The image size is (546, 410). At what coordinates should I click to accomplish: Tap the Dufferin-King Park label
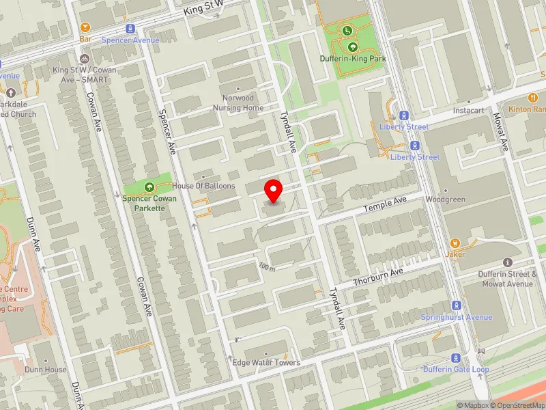pos(353,59)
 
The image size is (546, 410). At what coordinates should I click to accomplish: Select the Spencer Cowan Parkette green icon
pos(149,187)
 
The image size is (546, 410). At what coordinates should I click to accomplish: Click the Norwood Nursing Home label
pos(237,103)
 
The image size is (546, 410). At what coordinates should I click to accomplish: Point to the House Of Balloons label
pos(203,186)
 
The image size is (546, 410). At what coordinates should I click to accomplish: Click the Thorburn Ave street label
pos(379,277)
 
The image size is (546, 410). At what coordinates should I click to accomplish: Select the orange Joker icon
pos(455,243)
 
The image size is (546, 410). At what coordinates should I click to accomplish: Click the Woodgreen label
pos(445,200)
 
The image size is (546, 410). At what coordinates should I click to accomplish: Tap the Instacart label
pos(468,109)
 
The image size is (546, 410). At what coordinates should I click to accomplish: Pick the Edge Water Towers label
pos(266,362)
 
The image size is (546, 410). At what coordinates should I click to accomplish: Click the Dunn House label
pos(46,370)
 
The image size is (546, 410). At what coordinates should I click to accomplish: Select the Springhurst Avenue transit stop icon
pos(456,305)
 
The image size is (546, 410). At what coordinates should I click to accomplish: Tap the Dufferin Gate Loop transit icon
pos(455,358)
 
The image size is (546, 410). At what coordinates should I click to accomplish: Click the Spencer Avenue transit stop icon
pos(130,29)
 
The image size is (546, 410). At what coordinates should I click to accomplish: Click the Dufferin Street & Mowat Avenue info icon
pos(506,262)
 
